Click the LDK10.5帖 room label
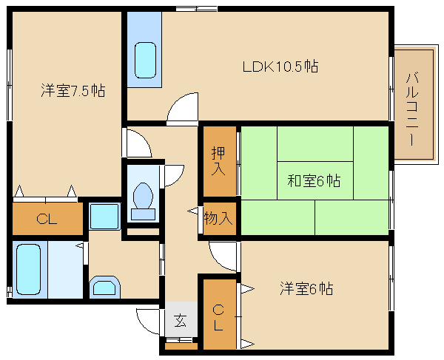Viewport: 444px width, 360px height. coord(280,67)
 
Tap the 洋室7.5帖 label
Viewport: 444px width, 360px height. coord(72,91)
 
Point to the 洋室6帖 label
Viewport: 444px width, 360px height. coord(306,288)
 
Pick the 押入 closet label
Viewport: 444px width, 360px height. coord(218,161)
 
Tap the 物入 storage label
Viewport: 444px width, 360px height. coord(219,218)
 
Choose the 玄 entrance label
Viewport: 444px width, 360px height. coord(180,321)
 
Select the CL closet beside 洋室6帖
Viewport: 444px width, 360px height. coord(218,315)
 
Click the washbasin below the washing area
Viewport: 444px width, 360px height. coord(104,287)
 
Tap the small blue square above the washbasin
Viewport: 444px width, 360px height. coord(104,217)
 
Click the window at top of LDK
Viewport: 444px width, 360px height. coord(196,8)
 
